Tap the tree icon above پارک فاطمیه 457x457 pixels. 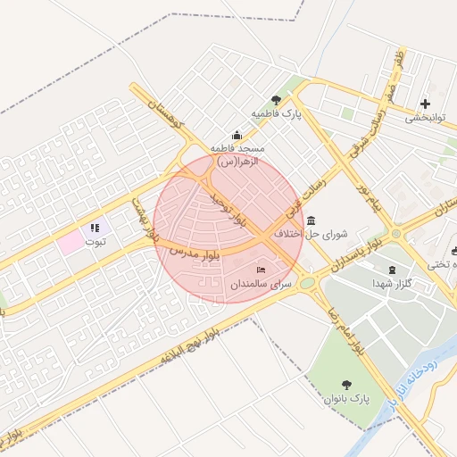[276, 100]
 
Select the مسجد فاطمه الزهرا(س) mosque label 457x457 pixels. [234, 154]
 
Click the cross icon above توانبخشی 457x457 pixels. [424, 104]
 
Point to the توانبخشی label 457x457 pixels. [424, 118]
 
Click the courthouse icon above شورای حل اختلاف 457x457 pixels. [310, 220]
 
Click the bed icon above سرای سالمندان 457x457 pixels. [261, 270]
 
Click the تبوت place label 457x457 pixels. [95, 242]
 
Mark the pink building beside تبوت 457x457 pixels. [69, 242]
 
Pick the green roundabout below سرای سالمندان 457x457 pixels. [308, 283]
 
